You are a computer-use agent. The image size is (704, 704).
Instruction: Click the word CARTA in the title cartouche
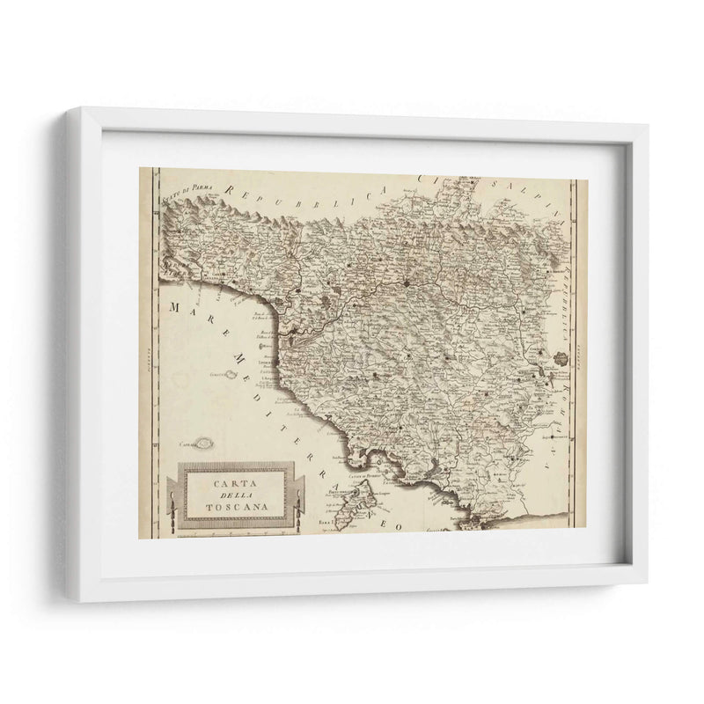(x=235, y=483)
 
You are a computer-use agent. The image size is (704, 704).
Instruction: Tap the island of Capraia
(x=208, y=444)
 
